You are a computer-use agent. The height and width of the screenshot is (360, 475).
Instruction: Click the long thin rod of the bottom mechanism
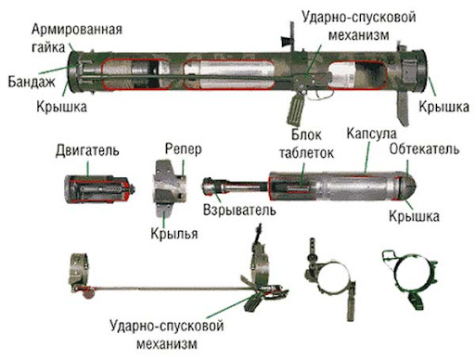(x=167, y=294)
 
